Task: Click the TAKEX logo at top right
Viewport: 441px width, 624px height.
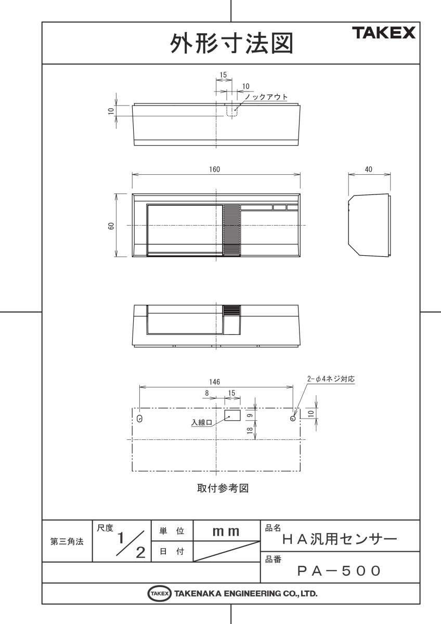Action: (x=385, y=34)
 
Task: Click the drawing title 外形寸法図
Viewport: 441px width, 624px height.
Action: (x=231, y=44)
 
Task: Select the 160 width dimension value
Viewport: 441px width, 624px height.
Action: (x=215, y=170)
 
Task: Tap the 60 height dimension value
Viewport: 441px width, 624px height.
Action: (x=111, y=226)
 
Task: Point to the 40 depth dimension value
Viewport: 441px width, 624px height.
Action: (x=369, y=170)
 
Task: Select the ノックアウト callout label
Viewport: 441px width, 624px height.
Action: (x=266, y=97)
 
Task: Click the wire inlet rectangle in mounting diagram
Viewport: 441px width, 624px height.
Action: (x=232, y=415)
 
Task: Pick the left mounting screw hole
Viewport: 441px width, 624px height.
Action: (x=140, y=419)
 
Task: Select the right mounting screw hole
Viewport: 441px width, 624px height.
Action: (x=293, y=418)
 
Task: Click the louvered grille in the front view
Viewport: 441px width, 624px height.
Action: (x=232, y=231)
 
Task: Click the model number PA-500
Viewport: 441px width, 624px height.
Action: (x=339, y=571)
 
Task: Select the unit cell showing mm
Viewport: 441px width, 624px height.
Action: (x=226, y=531)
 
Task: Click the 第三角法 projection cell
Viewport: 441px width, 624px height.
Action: (x=67, y=541)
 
